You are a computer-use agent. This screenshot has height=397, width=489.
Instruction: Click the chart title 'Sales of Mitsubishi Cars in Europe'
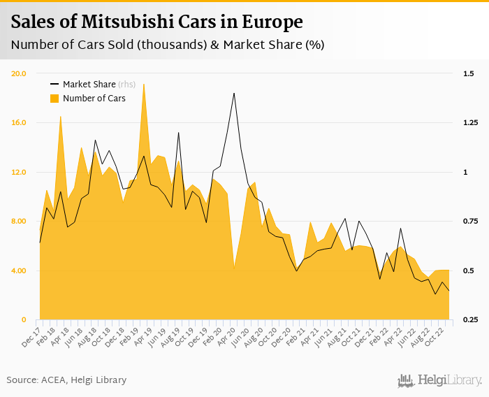point(156,22)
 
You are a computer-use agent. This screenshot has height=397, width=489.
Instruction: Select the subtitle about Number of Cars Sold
point(168,45)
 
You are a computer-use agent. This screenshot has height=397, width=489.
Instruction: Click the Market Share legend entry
point(94,84)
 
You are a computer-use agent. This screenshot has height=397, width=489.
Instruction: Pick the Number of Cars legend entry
point(94,99)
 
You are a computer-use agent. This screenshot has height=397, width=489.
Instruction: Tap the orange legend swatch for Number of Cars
point(54,99)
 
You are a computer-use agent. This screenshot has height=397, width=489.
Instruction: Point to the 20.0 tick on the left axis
point(19,73)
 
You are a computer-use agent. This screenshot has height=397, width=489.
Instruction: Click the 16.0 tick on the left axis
point(19,123)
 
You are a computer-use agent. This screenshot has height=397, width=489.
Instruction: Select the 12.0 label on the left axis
point(19,172)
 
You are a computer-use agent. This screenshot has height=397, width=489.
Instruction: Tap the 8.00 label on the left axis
point(19,222)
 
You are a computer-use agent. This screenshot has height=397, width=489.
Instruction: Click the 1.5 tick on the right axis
point(468,73)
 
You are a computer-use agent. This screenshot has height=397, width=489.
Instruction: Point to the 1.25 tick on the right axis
point(470,123)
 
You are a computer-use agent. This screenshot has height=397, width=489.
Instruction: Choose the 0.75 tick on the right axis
point(470,222)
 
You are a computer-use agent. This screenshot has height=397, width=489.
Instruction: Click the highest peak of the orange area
point(144,84)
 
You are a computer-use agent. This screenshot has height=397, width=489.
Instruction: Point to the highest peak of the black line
point(234,93)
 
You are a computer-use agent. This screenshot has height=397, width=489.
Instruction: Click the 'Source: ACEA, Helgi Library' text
point(67,380)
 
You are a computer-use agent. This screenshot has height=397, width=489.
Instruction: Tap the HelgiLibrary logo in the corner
point(440,380)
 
